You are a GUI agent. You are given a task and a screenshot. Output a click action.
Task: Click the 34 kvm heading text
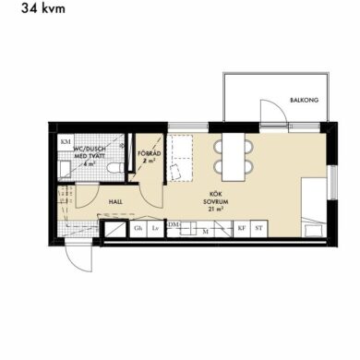(43, 8)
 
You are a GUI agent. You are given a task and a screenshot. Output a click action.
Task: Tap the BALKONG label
(305, 100)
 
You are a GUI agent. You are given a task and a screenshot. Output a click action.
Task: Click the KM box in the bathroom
(66, 142)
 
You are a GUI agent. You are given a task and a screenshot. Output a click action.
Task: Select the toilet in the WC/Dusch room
(115, 168)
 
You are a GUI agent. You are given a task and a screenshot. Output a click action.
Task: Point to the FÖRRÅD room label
(150, 153)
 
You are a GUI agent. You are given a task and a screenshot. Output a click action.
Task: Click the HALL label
(115, 202)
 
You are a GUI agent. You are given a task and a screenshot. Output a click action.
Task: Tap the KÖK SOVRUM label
(216, 198)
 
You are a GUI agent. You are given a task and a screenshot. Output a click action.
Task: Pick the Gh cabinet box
(138, 229)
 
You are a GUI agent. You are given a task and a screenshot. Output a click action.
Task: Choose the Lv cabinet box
(155, 229)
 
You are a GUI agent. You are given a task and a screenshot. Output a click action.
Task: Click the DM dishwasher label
(174, 225)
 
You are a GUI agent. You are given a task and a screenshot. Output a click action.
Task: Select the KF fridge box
(242, 229)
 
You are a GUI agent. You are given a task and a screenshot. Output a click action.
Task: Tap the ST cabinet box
(259, 229)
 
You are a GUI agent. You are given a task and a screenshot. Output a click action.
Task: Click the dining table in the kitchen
(234, 157)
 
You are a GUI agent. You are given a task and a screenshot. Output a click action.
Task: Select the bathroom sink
(65, 169)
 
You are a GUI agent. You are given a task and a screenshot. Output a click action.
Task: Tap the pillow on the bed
(314, 231)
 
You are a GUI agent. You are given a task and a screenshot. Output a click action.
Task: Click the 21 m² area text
(216, 210)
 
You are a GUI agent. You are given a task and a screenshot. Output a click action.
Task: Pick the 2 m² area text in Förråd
(150, 161)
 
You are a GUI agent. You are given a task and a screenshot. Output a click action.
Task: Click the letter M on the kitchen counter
(206, 232)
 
